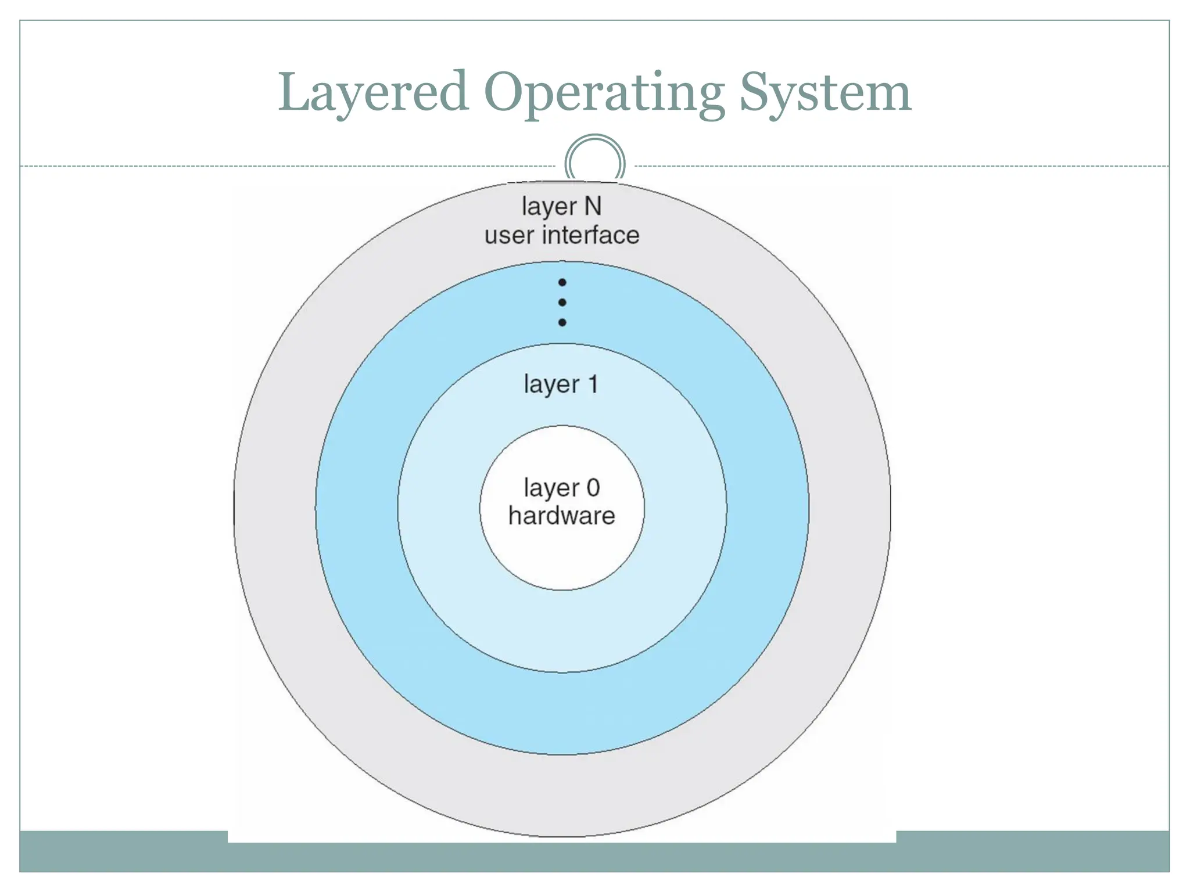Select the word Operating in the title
(x=604, y=93)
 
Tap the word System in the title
(x=825, y=93)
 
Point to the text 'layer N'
(x=561, y=207)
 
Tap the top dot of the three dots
(x=562, y=283)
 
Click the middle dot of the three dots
(x=562, y=303)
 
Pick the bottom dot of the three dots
(x=562, y=322)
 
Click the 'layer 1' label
(x=561, y=384)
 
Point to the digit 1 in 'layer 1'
(x=593, y=384)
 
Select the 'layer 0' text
(x=561, y=488)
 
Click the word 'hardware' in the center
(x=561, y=516)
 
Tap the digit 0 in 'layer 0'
(x=593, y=487)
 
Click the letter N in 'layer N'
(x=593, y=206)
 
